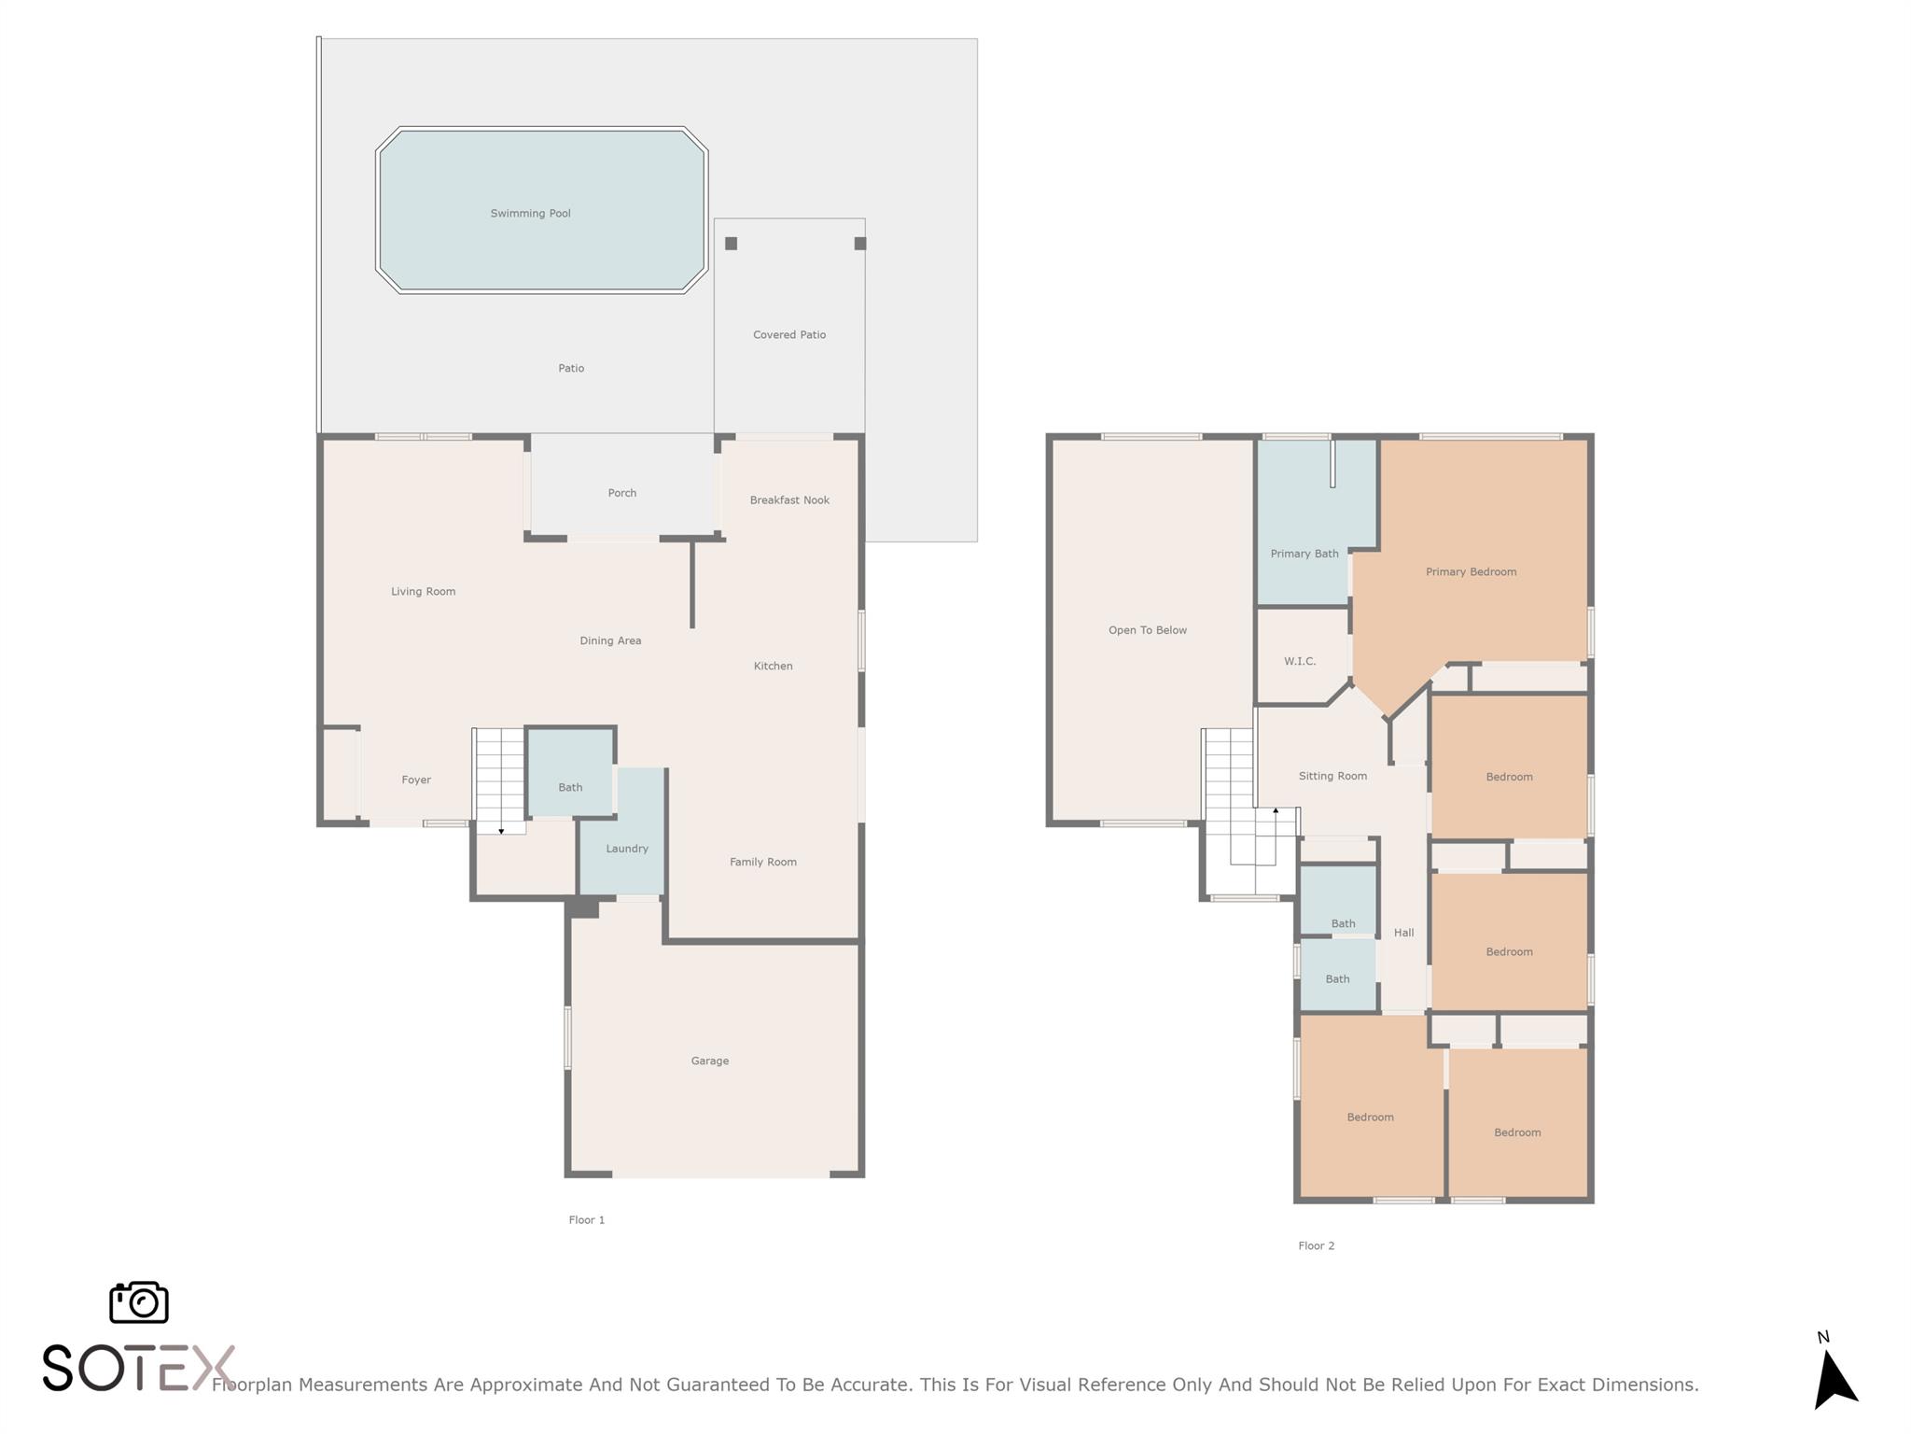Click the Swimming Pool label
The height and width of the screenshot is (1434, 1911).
[530, 214]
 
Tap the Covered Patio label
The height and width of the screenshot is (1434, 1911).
[789, 335]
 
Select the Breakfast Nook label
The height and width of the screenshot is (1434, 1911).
[789, 500]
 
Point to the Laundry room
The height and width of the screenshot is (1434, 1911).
[622, 831]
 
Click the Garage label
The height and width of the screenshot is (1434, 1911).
[710, 1061]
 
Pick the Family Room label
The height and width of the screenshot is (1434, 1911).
[763, 862]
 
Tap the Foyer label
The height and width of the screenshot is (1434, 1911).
[416, 780]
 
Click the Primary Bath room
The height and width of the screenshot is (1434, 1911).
[1304, 523]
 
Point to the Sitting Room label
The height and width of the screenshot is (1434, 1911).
[1332, 776]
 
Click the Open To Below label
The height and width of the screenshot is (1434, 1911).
[1148, 630]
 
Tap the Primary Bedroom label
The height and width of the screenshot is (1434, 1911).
[1472, 572]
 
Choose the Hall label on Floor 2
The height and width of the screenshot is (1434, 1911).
[1404, 933]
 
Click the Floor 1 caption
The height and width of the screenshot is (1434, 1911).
[587, 1220]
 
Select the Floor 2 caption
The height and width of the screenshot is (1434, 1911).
[1317, 1245]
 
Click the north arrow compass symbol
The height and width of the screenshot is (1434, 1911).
[1834, 1377]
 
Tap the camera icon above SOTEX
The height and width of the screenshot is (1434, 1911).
[139, 1302]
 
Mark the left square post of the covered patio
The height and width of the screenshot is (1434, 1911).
[732, 244]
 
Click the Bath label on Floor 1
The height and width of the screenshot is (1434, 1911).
[570, 787]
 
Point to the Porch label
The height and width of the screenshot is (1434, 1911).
[622, 493]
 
